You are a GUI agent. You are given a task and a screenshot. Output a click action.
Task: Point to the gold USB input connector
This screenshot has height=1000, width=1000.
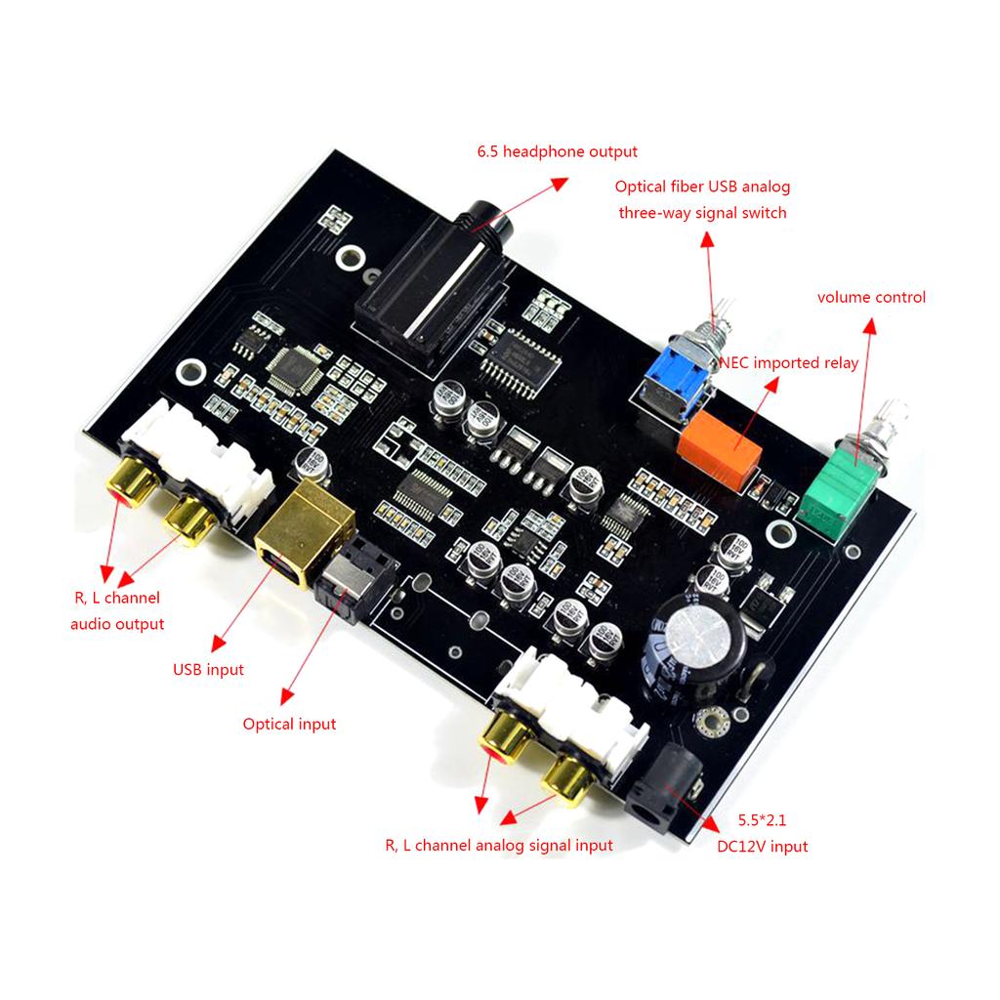[x=303, y=533]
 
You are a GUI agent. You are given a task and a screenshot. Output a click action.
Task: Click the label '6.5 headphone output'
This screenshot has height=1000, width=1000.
[x=557, y=151]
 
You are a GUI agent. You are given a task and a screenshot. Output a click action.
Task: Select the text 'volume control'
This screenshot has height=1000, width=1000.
[x=871, y=297]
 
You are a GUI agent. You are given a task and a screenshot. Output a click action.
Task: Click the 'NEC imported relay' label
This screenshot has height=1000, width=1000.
[x=789, y=363]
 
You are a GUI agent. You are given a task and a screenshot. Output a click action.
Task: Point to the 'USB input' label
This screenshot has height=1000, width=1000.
[x=208, y=670]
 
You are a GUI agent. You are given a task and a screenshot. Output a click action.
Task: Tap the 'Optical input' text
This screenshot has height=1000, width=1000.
[x=289, y=724]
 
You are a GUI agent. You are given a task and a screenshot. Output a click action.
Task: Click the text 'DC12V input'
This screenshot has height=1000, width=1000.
[x=762, y=847]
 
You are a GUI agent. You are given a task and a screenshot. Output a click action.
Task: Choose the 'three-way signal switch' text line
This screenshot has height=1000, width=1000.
[x=702, y=212]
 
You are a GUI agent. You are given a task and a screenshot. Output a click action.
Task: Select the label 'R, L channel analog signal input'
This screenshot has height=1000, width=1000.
[x=498, y=845]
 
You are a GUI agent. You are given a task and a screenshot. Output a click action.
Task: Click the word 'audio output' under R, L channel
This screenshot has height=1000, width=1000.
[x=117, y=623]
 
